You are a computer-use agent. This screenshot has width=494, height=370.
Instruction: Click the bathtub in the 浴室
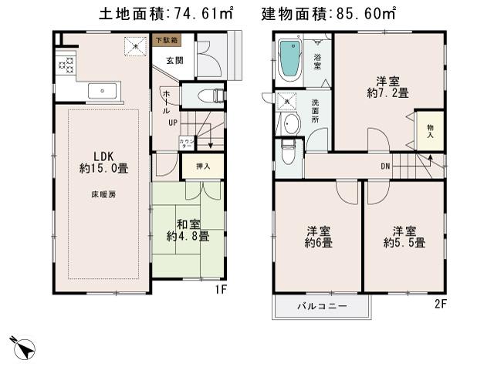(289, 59)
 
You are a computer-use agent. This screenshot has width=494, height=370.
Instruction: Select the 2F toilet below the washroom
(289, 154)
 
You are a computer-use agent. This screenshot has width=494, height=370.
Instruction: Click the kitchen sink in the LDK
(101, 91)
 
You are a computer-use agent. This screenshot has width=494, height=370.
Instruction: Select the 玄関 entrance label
(168, 60)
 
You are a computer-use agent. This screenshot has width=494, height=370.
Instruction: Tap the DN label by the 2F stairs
(384, 166)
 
